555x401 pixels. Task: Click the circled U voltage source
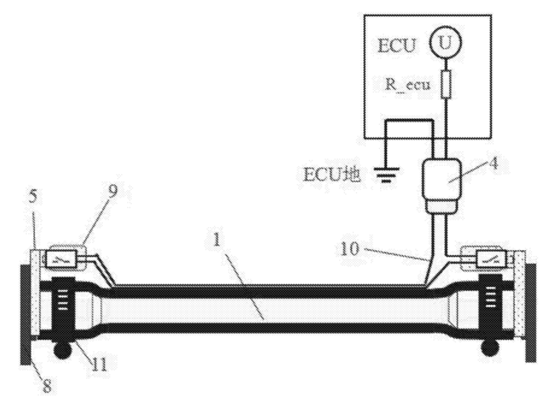(445, 43)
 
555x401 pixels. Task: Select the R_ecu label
(408, 85)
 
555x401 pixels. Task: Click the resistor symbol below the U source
(445, 84)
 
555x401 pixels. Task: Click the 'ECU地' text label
(332, 174)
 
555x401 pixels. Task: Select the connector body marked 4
(442, 186)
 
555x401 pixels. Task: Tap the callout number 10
(350, 249)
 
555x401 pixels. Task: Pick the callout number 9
(112, 191)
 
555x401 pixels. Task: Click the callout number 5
(33, 197)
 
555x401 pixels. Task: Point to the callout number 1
(217, 240)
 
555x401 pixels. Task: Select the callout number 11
(100, 364)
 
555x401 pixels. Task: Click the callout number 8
(48, 386)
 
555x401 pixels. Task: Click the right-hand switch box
(490, 259)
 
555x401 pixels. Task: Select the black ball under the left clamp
(63, 350)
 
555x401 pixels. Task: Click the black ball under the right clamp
(490, 348)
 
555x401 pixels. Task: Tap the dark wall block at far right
(531, 312)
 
